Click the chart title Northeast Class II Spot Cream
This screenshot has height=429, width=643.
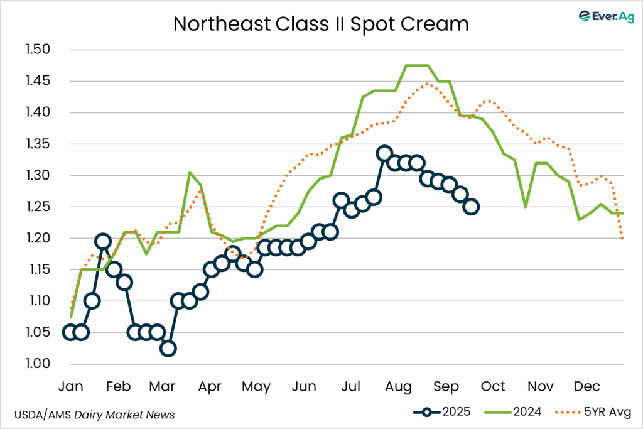click(321, 24)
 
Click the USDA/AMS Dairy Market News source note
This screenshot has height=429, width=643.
click(94, 415)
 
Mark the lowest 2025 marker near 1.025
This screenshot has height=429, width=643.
click(168, 348)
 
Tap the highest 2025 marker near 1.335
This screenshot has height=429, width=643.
click(384, 153)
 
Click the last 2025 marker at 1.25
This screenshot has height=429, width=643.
click(471, 207)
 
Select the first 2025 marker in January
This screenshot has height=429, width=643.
click(70, 332)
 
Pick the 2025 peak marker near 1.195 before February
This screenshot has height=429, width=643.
click(103, 241)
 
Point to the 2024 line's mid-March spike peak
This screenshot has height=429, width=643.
click(190, 173)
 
